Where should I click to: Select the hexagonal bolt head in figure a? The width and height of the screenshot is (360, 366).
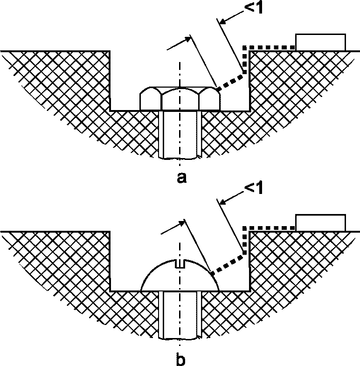[180, 98]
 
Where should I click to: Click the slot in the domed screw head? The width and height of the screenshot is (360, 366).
[180, 264]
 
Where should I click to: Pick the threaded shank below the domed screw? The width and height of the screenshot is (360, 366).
[180, 315]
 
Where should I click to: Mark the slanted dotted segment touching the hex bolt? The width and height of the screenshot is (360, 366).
[230, 80]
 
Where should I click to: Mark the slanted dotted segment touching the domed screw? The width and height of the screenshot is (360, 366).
[228, 263]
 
